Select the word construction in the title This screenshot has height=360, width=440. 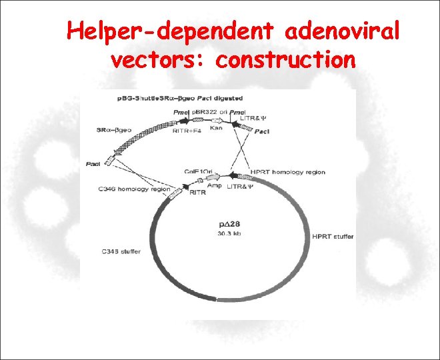coord(286,61)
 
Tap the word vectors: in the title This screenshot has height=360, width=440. coord(157,61)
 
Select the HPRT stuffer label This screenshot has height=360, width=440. coord(333,237)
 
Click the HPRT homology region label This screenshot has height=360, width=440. coord(287,172)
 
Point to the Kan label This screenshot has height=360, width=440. coord(216,127)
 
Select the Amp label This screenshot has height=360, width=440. coord(215,187)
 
